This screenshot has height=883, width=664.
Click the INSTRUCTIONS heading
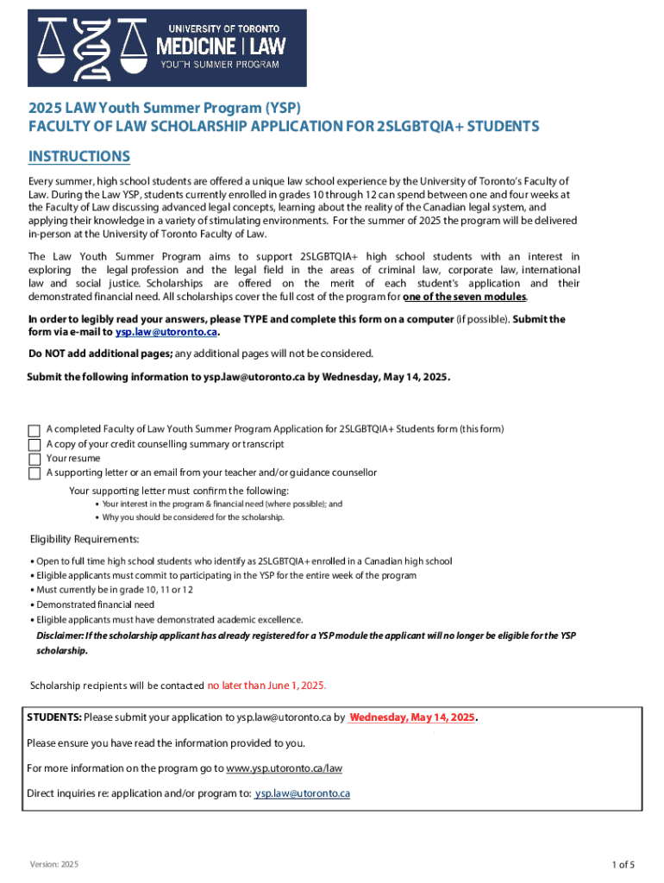79,156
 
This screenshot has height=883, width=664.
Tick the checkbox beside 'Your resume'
34,459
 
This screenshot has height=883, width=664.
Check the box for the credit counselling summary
34,444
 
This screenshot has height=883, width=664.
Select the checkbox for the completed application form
34,429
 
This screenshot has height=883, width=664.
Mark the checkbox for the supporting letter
34,473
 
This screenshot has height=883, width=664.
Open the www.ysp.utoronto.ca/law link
284,768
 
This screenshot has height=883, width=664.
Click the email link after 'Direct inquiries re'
302,793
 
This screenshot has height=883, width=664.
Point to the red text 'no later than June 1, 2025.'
266,686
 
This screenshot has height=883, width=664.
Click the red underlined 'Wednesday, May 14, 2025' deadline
412,717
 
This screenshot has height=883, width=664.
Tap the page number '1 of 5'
623,865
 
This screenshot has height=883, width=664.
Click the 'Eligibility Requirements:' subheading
85,540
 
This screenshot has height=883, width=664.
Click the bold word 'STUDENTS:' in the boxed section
54,717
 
